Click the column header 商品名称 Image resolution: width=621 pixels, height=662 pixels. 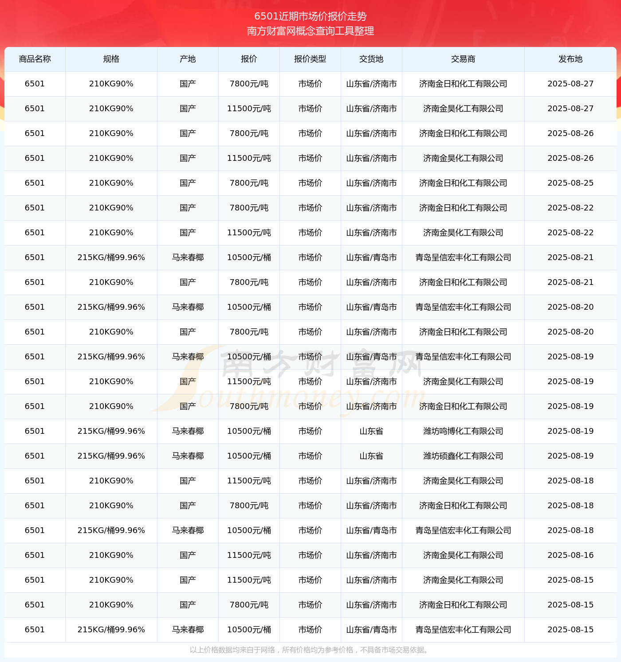tap(35, 59)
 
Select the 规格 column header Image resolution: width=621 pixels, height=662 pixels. tap(111, 59)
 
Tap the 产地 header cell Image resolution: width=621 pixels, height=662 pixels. tap(188, 59)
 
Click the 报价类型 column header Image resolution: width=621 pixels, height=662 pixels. tap(310, 59)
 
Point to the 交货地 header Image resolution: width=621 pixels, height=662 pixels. tap(371, 59)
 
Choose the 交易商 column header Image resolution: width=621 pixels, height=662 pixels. tap(463, 59)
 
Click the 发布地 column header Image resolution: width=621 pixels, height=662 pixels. tap(570, 59)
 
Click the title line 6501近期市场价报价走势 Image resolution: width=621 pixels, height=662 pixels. tap(310, 16)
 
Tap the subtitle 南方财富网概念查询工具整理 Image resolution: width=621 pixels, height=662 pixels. tap(310, 31)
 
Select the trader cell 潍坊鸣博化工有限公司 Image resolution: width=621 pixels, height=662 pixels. tap(463, 431)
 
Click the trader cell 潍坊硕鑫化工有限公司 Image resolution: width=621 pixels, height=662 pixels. tap(463, 456)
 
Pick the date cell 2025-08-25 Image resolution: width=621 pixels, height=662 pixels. tap(570, 183)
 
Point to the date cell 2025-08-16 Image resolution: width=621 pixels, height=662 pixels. tap(570, 555)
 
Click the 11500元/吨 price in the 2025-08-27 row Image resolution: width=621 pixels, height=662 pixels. tap(249, 109)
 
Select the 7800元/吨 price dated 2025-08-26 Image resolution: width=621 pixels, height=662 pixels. tap(249, 133)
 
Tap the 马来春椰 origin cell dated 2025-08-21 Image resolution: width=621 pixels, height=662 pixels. tap(188, 257)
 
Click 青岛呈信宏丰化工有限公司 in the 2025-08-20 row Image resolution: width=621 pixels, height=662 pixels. tap(463, 307)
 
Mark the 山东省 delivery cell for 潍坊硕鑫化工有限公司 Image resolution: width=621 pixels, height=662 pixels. tap(371, 456)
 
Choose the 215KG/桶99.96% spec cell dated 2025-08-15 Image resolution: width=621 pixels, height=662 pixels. tap(111, 630)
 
